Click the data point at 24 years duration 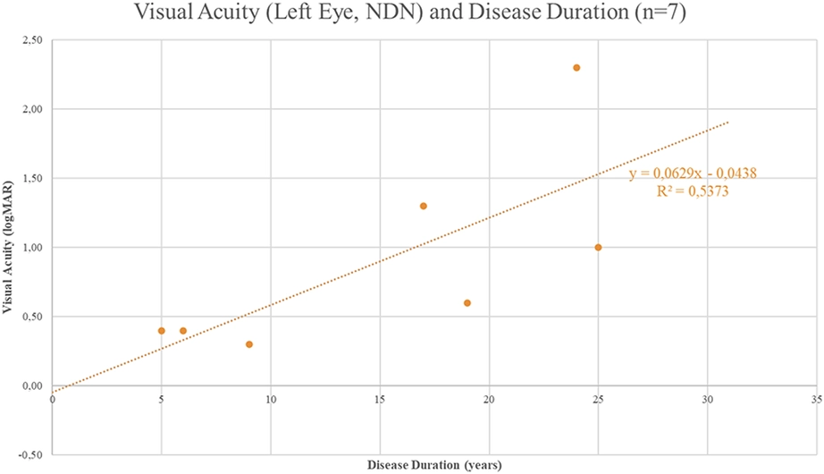pos(576,68)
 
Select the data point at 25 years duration pos(598,247)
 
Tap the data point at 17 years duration pos(424,207)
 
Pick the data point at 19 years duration pos(467,303)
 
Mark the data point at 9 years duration pos(249,344)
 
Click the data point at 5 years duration pos(162,331)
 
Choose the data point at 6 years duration pos(183,331)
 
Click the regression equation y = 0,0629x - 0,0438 pos(693,174)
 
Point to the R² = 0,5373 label pos(693,190)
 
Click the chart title pos(410,12)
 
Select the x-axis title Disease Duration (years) pos(434,465)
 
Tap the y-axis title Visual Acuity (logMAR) pos(7,247)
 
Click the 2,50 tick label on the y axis pos(32,40)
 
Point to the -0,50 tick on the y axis pos(30,455)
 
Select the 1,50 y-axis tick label pos(32,178)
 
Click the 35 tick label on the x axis pos(817,400)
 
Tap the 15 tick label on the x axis pos(380,400)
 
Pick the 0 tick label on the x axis pos(52,400)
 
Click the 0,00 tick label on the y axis pos(32,386)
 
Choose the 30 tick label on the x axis pos(707,400)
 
